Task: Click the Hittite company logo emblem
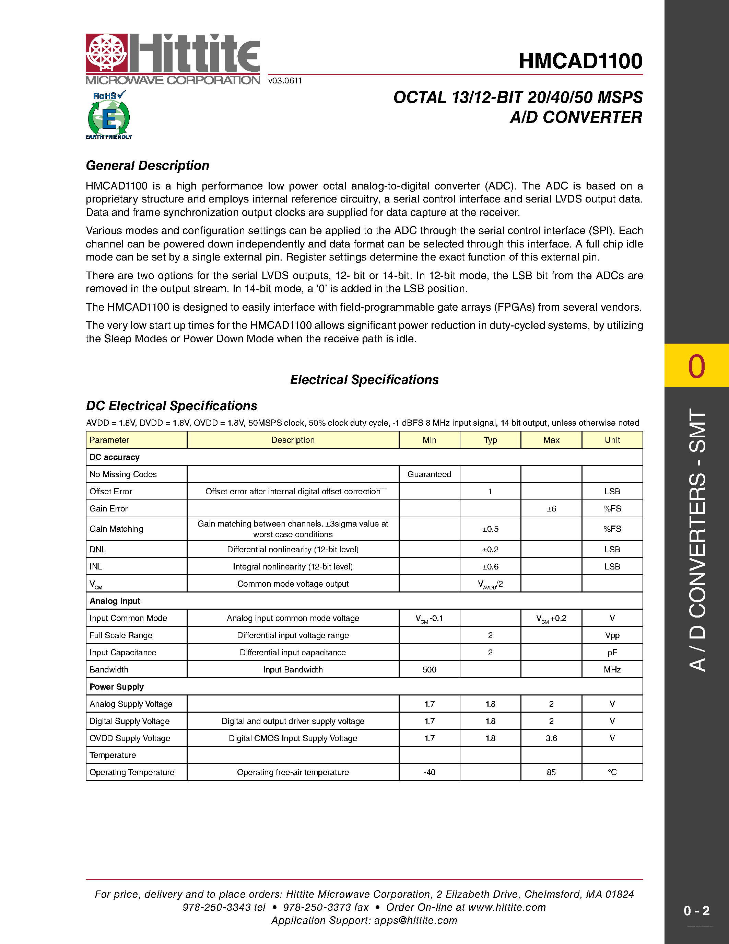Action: point(106,53)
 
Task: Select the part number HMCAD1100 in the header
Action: point(580,61)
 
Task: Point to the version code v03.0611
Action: point(285,81)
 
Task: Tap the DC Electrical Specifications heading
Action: point(172,406)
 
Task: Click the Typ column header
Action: point(490,440)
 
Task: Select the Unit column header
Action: point(612,440)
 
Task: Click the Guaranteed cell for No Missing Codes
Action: point(429,474)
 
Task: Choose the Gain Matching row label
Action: point(116,529)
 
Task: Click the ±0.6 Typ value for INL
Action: point(490,567)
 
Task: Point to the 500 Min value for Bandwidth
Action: point(429,669)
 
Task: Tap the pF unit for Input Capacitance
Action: point(612,653)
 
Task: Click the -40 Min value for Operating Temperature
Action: point(429,772)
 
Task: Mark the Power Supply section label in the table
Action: point(117,687)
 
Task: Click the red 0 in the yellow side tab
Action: point(696,367)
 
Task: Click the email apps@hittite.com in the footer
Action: point(415,920)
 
